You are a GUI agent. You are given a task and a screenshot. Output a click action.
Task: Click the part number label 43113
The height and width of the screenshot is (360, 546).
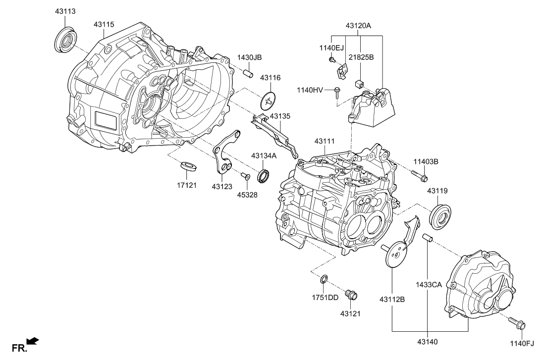click(65, 11)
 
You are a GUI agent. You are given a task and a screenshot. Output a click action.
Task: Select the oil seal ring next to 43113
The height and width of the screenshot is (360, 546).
click(64, 39)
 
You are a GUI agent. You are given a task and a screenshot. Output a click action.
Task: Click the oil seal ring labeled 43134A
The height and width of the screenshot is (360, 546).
click(265, 175)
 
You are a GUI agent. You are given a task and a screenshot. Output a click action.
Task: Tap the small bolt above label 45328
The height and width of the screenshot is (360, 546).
click(244, 175)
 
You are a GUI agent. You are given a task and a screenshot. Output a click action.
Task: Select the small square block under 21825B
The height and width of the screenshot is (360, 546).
click(360, 83)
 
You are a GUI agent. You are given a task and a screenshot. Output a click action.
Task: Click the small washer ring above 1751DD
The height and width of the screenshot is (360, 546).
click(324, 279)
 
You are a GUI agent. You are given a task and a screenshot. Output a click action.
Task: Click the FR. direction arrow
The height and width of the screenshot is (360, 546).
click(32, 341)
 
